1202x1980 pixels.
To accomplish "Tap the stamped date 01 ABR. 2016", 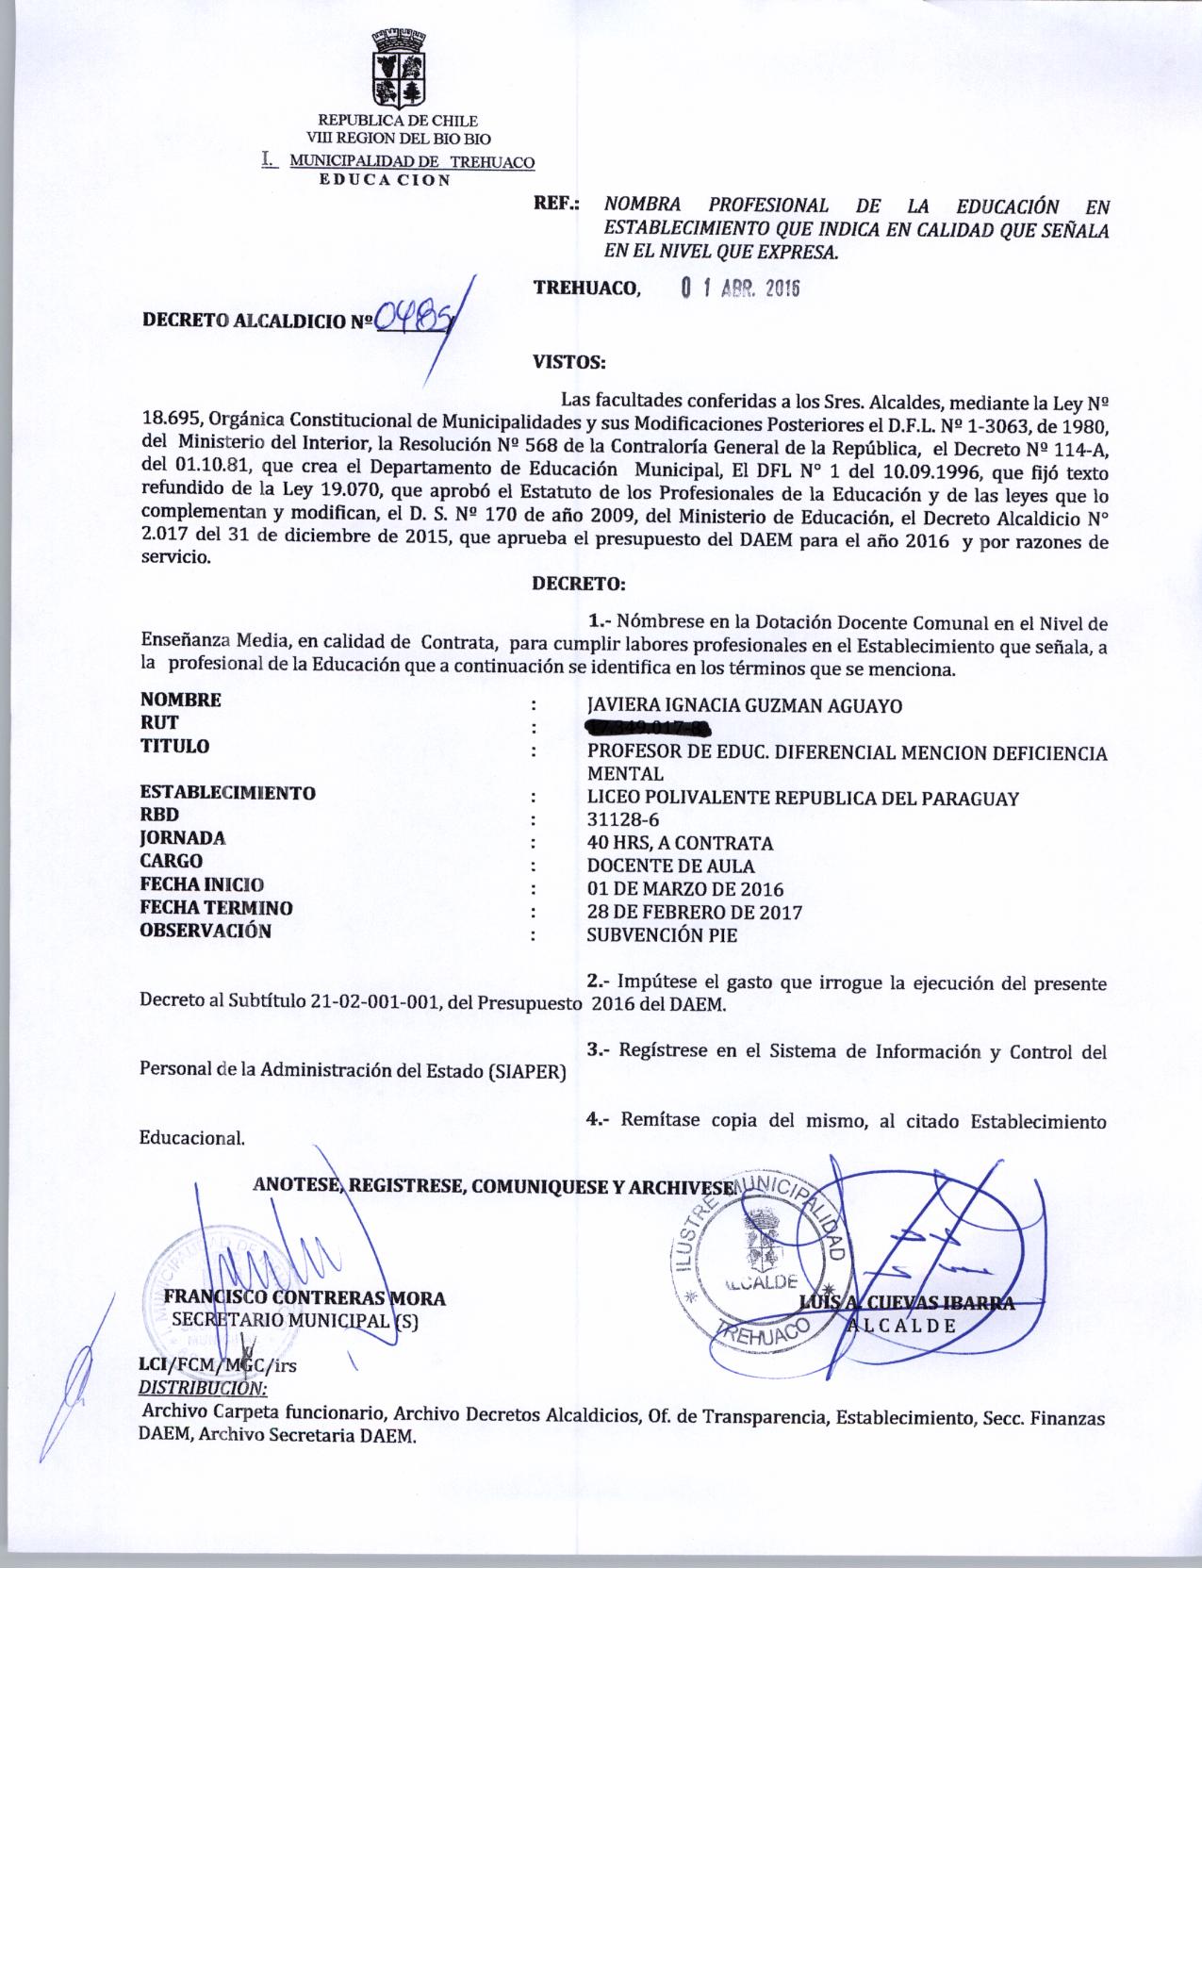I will pos(740,289).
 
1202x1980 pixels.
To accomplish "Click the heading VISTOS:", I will pos(568,360).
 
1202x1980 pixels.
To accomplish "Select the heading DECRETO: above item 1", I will pos(579,584).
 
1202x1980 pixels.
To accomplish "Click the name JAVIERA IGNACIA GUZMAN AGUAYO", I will pos(744,705).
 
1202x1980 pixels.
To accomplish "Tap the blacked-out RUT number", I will pos(647,727).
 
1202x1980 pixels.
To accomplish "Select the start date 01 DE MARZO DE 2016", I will pos(684,888).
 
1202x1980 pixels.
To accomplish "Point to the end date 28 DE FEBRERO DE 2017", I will pos(694,912).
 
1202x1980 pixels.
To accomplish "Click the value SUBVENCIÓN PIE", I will pos(662,935).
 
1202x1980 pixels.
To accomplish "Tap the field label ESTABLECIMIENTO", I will pos(227,792).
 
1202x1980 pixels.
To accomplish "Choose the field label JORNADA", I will pos(183,837).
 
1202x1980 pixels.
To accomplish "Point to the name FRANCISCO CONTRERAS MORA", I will pos(305,1298).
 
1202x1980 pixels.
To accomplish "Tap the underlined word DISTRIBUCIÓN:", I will pos(203,1388).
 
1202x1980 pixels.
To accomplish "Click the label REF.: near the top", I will pos(556,204).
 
